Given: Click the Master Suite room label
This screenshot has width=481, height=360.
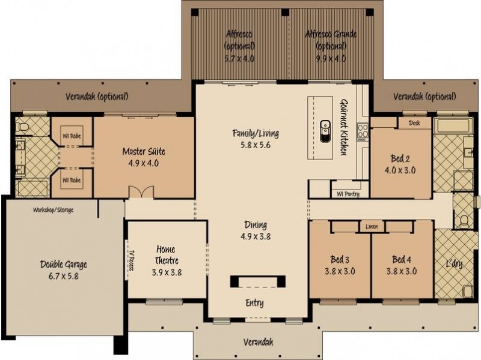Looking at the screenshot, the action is [144, 151].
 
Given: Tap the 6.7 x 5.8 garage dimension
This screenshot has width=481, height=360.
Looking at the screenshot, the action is [64, 276].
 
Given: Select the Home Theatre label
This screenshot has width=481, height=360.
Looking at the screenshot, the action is [166, 254].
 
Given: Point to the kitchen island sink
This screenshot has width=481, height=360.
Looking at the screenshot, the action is [325, 131].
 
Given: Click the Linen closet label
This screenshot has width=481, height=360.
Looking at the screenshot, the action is [372, 227].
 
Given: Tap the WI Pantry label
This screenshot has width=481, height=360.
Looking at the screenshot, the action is [348, 194].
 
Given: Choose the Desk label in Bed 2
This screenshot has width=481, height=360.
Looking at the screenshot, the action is [414, 123].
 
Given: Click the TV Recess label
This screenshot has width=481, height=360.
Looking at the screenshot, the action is [131, 259].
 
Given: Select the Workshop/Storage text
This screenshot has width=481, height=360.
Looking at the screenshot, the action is [53, 210].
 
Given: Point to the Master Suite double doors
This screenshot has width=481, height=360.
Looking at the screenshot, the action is [141, 192].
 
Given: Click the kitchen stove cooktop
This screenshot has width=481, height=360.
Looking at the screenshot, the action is [363, 132].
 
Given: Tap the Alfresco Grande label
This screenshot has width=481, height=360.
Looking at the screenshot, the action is [331, 34].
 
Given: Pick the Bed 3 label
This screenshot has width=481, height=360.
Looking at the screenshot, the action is [340, 260].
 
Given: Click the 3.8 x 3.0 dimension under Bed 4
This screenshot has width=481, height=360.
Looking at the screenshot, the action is [401, 271].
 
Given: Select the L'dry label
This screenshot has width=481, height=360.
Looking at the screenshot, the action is [454, 263].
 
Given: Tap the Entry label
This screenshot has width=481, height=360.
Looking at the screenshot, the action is [254, 303].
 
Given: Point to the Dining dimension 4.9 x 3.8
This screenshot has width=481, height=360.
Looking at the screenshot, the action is [256, 236].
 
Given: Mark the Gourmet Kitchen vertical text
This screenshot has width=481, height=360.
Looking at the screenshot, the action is [344, 127].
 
